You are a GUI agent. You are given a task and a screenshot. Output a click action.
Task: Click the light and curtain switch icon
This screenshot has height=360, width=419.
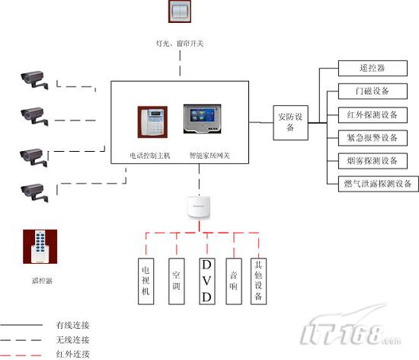click(181, 15)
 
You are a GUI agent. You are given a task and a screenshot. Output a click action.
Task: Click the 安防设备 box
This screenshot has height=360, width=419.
click(289, 122)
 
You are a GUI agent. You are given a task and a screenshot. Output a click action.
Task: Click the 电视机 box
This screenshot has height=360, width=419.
click(146, 281)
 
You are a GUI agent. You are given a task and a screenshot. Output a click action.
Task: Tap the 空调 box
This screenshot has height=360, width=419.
click(176, 281)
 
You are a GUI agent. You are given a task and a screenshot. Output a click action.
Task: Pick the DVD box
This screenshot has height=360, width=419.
click(206, 281)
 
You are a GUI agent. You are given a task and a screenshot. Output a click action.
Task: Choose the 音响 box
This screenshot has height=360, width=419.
click(235, 281)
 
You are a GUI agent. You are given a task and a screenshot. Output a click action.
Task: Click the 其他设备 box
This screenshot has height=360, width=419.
click(260, 281)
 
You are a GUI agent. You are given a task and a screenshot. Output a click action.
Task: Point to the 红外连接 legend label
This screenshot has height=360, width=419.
click(72, 353)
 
